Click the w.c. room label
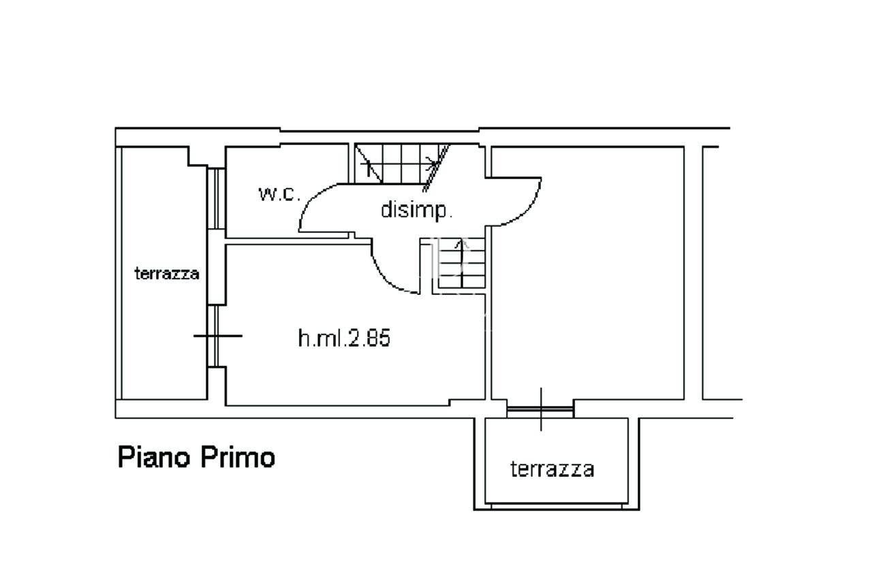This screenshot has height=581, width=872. (279, 193)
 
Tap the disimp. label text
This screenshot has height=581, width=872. (416, 210)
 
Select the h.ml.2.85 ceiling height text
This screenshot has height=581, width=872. (344, 338)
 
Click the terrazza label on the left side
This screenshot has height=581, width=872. (167, 274)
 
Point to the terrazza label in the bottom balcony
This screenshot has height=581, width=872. (552, 469)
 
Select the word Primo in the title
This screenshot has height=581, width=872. (237, 456)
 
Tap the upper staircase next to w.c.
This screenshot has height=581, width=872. (399, 163)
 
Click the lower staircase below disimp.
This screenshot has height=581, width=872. (461, 263)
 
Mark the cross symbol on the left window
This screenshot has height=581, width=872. (217, 335)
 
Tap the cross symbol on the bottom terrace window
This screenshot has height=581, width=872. (542, 409)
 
